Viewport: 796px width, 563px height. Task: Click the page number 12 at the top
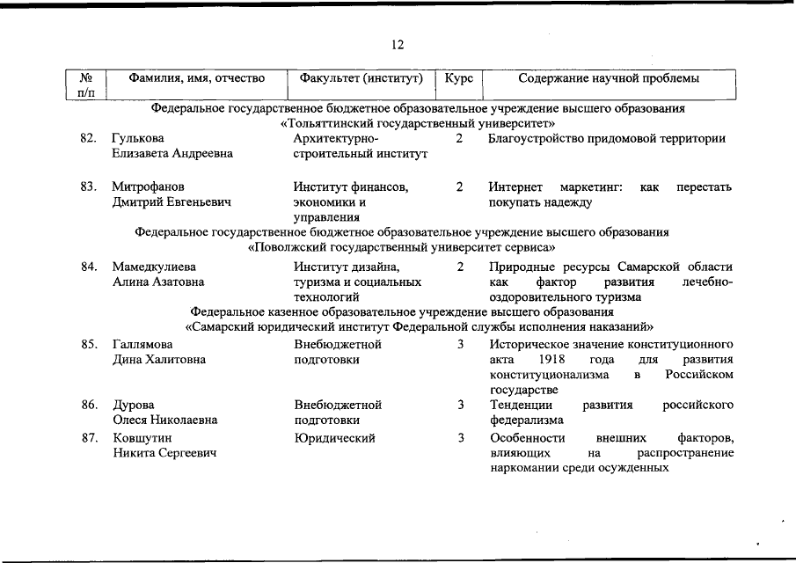398,45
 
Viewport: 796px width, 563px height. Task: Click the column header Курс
459,78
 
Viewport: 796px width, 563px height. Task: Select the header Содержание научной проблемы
610,78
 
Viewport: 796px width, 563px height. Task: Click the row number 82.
88,139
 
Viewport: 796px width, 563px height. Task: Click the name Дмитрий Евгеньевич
172,202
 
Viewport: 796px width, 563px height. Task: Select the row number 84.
88,267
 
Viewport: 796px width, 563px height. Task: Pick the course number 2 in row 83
460,187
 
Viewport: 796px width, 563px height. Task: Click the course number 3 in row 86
460,405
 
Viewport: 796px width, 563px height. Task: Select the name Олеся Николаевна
164,420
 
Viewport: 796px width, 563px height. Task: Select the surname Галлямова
142,344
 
